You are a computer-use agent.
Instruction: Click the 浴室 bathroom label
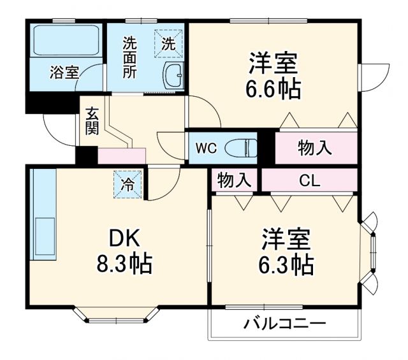64,73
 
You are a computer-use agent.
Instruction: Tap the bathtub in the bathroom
64,41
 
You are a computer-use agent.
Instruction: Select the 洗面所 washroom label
129,58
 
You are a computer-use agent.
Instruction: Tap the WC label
207,148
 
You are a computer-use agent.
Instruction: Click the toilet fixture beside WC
242,148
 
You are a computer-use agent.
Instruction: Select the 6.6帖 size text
274,89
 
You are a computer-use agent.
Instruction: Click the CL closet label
310,180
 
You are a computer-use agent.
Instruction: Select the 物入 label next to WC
315,148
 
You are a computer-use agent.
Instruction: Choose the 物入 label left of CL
234,180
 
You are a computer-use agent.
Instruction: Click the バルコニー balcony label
285,323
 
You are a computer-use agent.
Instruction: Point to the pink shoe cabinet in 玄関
122,155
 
